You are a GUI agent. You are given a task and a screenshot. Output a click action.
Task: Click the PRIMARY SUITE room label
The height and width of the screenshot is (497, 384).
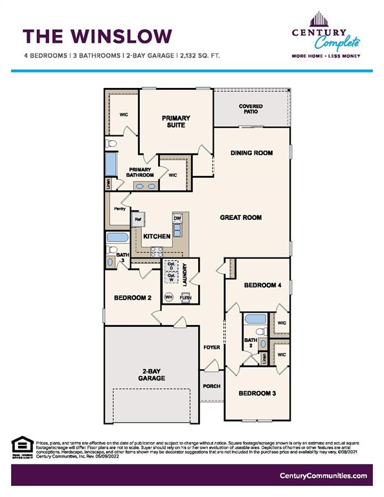[176, 121]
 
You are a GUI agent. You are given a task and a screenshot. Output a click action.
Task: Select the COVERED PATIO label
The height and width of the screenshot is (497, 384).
[251, 109]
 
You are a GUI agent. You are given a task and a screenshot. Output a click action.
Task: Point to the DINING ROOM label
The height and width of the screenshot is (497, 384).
[251, 153]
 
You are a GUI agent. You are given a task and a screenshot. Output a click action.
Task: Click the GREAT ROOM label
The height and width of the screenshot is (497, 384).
[240, 217]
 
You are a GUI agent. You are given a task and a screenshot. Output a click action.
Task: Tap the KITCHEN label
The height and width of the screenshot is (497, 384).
[157, 237]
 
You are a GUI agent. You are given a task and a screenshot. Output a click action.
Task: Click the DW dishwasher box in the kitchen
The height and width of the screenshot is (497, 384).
[177, 219]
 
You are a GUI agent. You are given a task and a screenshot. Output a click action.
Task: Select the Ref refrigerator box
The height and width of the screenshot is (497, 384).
[138, 219]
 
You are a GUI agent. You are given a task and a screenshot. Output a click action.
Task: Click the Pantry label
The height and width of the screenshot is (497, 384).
[119, 209]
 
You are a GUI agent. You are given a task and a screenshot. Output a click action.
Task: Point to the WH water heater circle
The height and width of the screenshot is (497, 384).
[169, 297]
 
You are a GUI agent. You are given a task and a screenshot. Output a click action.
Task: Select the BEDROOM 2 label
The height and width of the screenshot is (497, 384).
[132, 298]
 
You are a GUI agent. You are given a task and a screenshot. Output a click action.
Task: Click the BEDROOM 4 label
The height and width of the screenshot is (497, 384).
[262, 285]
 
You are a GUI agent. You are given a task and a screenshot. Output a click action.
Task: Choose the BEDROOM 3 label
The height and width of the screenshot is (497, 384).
[257, 393]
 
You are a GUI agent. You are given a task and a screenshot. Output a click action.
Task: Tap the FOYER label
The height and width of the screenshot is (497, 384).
[211, 348]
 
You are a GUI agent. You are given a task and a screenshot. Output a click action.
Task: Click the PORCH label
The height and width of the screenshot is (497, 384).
[211, 386]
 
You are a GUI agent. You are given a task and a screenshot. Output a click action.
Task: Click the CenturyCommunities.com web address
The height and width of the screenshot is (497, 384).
[323, 476]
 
